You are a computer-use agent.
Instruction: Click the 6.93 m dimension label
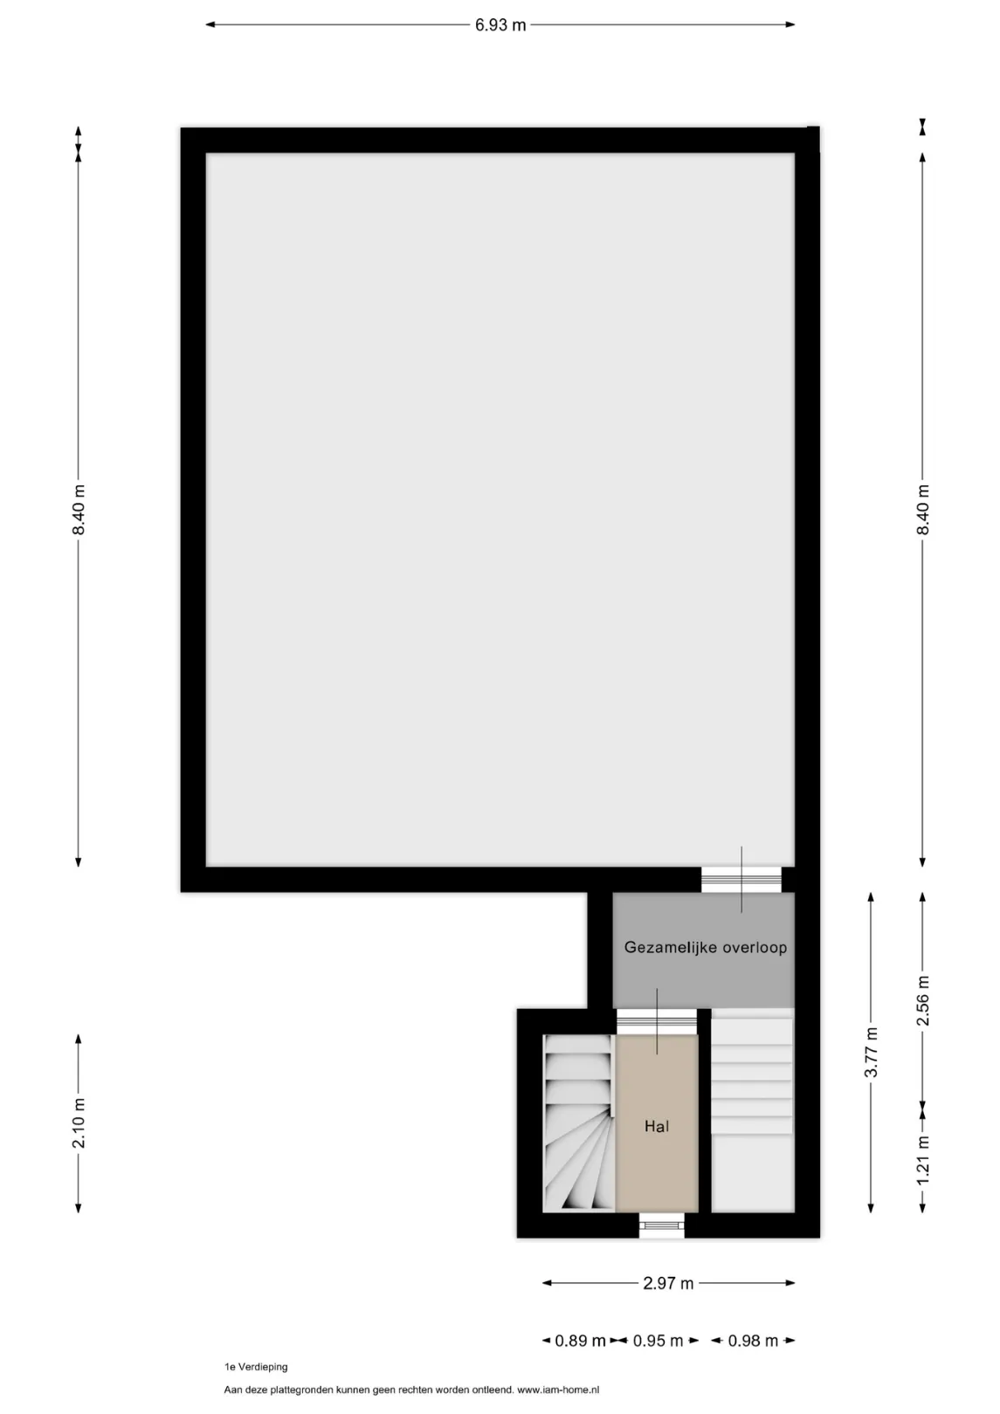[x=500, y=25]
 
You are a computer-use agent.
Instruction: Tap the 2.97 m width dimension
[x=668, y=1283]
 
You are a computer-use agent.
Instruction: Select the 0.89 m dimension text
[x=581, y=1340]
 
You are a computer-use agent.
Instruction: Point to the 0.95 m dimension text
[x=658, y=1340]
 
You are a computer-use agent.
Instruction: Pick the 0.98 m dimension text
[x=753, y=1340]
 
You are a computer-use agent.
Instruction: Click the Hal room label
[x=657, y=1126]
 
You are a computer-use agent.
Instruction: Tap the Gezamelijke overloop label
[x=706, y=948]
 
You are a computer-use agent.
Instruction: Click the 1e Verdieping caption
[x=256, y=1367]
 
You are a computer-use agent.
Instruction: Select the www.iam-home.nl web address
[x=558, y=1390]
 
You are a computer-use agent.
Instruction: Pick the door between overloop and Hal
[x=657, y=1021]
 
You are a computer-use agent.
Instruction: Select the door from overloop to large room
[x=741, y=879]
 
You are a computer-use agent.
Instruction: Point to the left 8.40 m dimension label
[x=79, y=510]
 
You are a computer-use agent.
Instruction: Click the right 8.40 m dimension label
[x=923, y=510]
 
